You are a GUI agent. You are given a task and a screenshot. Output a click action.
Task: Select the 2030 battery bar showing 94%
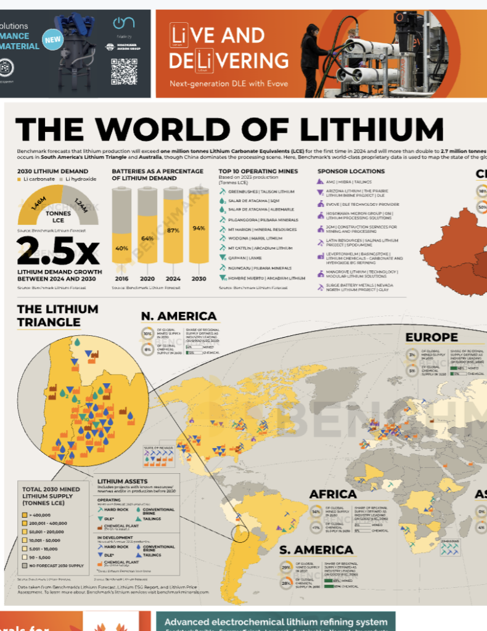198,228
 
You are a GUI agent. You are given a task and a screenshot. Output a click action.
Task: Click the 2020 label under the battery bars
147,279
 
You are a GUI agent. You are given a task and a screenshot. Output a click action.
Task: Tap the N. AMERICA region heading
179,317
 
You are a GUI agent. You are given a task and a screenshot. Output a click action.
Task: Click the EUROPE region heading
432,337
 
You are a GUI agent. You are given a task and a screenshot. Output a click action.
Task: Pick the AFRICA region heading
333,494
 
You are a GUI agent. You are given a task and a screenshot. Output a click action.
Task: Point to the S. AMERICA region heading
316,550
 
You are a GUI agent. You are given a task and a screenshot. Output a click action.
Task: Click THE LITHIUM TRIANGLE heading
49,315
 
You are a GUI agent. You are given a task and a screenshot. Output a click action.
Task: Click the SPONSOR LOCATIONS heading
351,171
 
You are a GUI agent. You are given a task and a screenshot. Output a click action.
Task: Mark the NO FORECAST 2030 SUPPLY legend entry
52,565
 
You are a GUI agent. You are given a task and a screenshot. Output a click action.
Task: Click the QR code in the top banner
123,71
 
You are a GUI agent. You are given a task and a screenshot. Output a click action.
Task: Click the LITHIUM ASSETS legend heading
123,481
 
